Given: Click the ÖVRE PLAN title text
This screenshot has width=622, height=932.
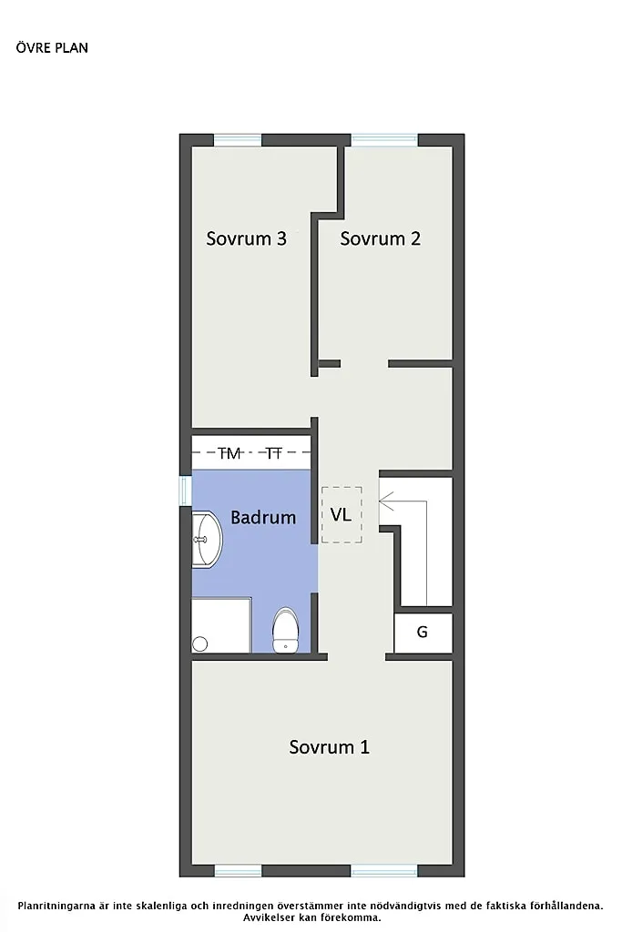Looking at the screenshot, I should (x=52, y=47).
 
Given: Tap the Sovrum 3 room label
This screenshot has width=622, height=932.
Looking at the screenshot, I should (x=246, y=238).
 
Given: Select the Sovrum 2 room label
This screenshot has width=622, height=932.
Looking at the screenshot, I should (x=380, y=238).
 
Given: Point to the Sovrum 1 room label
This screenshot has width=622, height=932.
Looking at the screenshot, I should (x=329, y=747).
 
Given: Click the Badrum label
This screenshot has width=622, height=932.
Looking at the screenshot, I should (x=263, y=518).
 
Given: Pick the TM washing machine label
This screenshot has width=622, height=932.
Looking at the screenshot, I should (x=229, y=452).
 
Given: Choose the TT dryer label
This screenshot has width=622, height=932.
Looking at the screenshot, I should (x=274, y=452).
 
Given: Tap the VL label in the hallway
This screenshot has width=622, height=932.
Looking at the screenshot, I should (x=341, y=515).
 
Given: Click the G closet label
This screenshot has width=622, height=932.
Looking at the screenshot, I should (x=423, y=632).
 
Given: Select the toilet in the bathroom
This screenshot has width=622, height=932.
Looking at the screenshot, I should (x=286, y=630).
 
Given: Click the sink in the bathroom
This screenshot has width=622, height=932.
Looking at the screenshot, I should (x=206, y=539).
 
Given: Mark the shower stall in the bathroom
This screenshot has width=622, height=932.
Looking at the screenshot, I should (x=220, y=625).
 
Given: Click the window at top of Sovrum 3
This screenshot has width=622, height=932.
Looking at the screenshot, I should (x=238, y=140).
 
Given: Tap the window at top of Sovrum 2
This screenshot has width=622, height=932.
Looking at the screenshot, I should (x=384, y=140).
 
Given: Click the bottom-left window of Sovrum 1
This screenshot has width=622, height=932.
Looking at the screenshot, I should (x=238, y=871).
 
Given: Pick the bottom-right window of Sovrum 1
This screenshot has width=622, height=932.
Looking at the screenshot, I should (x=384, y=871).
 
